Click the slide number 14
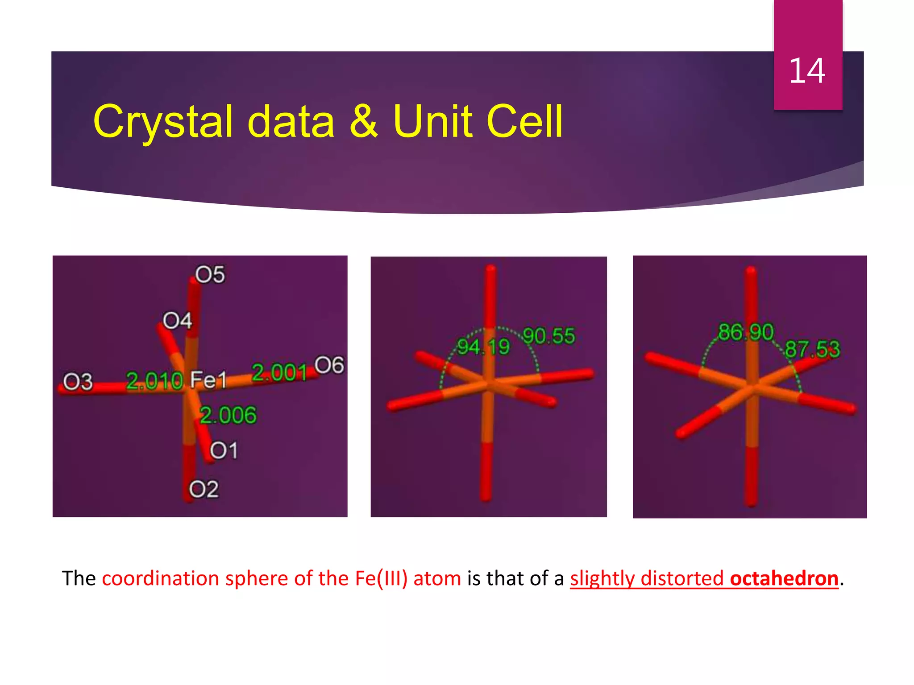(x=807, y=71)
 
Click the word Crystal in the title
(x=163, y=121)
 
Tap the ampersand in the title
(x=363, y=121)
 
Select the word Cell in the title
(x=524, y=121)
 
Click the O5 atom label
(x=210, y=275)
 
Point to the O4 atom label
(x=177, y=321)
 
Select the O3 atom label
(x=78, y=382)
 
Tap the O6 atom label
(x=329, y=365)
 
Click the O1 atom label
(x=224, y=450)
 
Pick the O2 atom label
(x=204, y=489)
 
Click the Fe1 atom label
(x=208, y=380)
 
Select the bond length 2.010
(x=154, y=381)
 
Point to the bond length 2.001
(x=280, y=372)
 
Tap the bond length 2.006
(x=228, y=415)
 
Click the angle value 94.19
(x=483, y=347)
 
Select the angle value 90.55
(x=548, y=336)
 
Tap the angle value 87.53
(x=812, y=349)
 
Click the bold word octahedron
(x=784, y=578)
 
